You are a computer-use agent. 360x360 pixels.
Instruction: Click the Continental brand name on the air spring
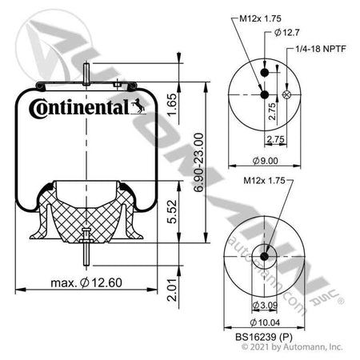point(78,106)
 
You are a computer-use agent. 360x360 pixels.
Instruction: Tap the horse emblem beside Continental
point(138,104)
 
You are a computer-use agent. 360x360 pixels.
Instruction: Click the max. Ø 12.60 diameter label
point(90,282)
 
